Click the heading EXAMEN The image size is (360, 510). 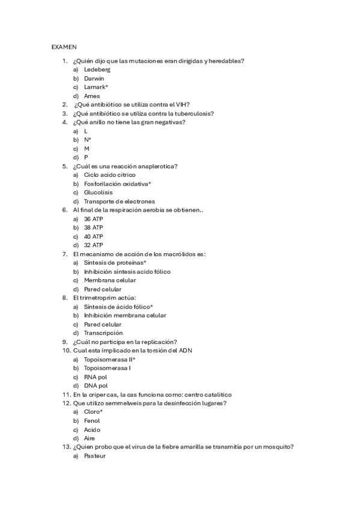[64, 46]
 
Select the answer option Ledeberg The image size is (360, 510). [97, 69]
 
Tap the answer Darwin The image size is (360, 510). [94, 78]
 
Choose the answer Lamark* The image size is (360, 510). [96, 87]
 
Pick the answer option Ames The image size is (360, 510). [92, 96]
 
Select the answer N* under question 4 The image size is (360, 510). [88, 140]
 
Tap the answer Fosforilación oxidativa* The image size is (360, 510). [118, 183]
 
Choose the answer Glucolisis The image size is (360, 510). [98, 192]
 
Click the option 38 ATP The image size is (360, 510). [94, 227]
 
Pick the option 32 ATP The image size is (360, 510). [94, 245]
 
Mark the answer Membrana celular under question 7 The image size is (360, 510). [110, 280]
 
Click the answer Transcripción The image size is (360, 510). [103, 333]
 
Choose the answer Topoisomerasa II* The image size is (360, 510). [110, 359]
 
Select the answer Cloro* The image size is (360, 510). [93, 412]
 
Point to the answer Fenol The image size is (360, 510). [92, 421]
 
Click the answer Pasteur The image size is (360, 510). [95, 456]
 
